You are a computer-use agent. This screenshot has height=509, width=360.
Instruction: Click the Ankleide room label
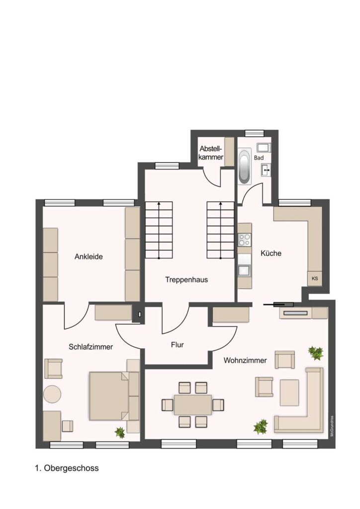click(x=89, y=256)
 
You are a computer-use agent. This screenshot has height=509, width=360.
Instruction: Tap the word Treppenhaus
click(x=186, y=279)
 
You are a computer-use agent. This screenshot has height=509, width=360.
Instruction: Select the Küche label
click(x=271, y=253)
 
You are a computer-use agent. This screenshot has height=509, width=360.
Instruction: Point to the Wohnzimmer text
click(x=245, y=360)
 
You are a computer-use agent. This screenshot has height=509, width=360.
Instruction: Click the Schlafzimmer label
click(x=90, y=346)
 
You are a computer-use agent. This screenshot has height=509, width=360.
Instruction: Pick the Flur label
click(x=177, y=345)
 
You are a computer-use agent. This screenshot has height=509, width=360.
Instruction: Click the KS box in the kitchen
click(x=315, y=278)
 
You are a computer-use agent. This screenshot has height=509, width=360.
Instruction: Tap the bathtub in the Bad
click(x=245, y=167)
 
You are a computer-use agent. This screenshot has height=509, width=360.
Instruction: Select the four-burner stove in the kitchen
click(x=245, y=240)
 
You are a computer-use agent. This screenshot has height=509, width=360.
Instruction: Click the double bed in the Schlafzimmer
click(x=109, y=396)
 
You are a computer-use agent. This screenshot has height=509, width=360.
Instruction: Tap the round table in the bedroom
click(x=52, y=394)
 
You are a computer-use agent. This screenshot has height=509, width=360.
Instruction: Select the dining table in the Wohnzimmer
click(x=193, y=405)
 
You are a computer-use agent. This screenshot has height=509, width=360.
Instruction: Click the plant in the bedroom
click(x=120, y=432)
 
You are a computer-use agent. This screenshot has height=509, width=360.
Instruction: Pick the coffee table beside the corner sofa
click(x=289, y=393)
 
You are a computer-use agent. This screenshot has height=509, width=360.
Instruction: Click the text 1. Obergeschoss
click(x=67, y=468)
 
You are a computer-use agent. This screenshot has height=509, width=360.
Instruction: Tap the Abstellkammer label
click(x=211, y=153)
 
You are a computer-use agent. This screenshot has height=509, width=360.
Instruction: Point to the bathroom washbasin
click(x=266, y=170)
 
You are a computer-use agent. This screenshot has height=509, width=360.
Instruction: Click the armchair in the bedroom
click(x=53, y=368)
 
